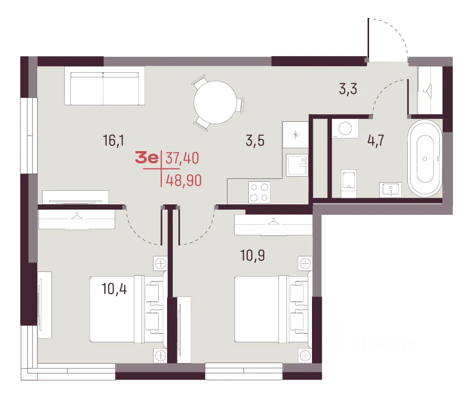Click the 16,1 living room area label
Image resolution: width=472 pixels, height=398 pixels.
(113, 141)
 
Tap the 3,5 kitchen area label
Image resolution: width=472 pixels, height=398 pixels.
(255, 141)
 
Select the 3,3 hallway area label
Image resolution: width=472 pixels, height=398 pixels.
(348, 89)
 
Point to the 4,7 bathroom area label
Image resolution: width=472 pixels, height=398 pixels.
(376, 141)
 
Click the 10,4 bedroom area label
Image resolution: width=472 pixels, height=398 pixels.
(114, 289)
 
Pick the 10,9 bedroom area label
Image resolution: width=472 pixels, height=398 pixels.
(253, 255)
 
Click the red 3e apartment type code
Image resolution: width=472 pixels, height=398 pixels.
(147, 158)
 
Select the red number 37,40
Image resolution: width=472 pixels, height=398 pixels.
(182, 158)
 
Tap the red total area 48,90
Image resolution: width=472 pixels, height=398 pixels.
(184, 181)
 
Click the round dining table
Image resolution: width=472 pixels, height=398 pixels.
(215, 102)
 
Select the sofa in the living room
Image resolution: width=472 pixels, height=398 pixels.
(104, 88)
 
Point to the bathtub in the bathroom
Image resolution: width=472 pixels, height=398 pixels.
(425, 158)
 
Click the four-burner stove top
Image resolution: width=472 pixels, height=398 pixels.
(259, 192)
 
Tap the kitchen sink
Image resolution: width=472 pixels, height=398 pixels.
(297, 165)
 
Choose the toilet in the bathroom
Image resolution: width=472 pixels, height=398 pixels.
(349, 183)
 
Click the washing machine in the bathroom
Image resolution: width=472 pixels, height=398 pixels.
(346, 128)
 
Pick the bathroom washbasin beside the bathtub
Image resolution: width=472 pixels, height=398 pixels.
(390, 190)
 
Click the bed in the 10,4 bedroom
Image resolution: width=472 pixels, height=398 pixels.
(126, 309)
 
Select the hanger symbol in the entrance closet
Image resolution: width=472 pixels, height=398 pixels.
(427, 89)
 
